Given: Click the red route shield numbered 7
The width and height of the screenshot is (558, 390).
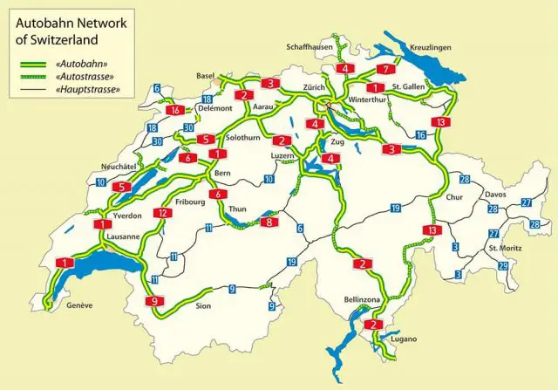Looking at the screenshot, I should pyautogui.click(x=384, y=69).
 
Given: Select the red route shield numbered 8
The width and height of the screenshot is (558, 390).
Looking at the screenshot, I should pyautogui.click(x=269, y=222).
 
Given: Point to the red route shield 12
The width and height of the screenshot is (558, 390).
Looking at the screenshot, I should pyautogui.click(x=162, y=213).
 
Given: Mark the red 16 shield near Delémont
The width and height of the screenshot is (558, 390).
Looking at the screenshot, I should pyautogui.click(x=175, y=110).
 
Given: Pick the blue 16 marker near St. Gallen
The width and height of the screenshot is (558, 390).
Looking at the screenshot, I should pyautogui.click(x=420, y=135).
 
